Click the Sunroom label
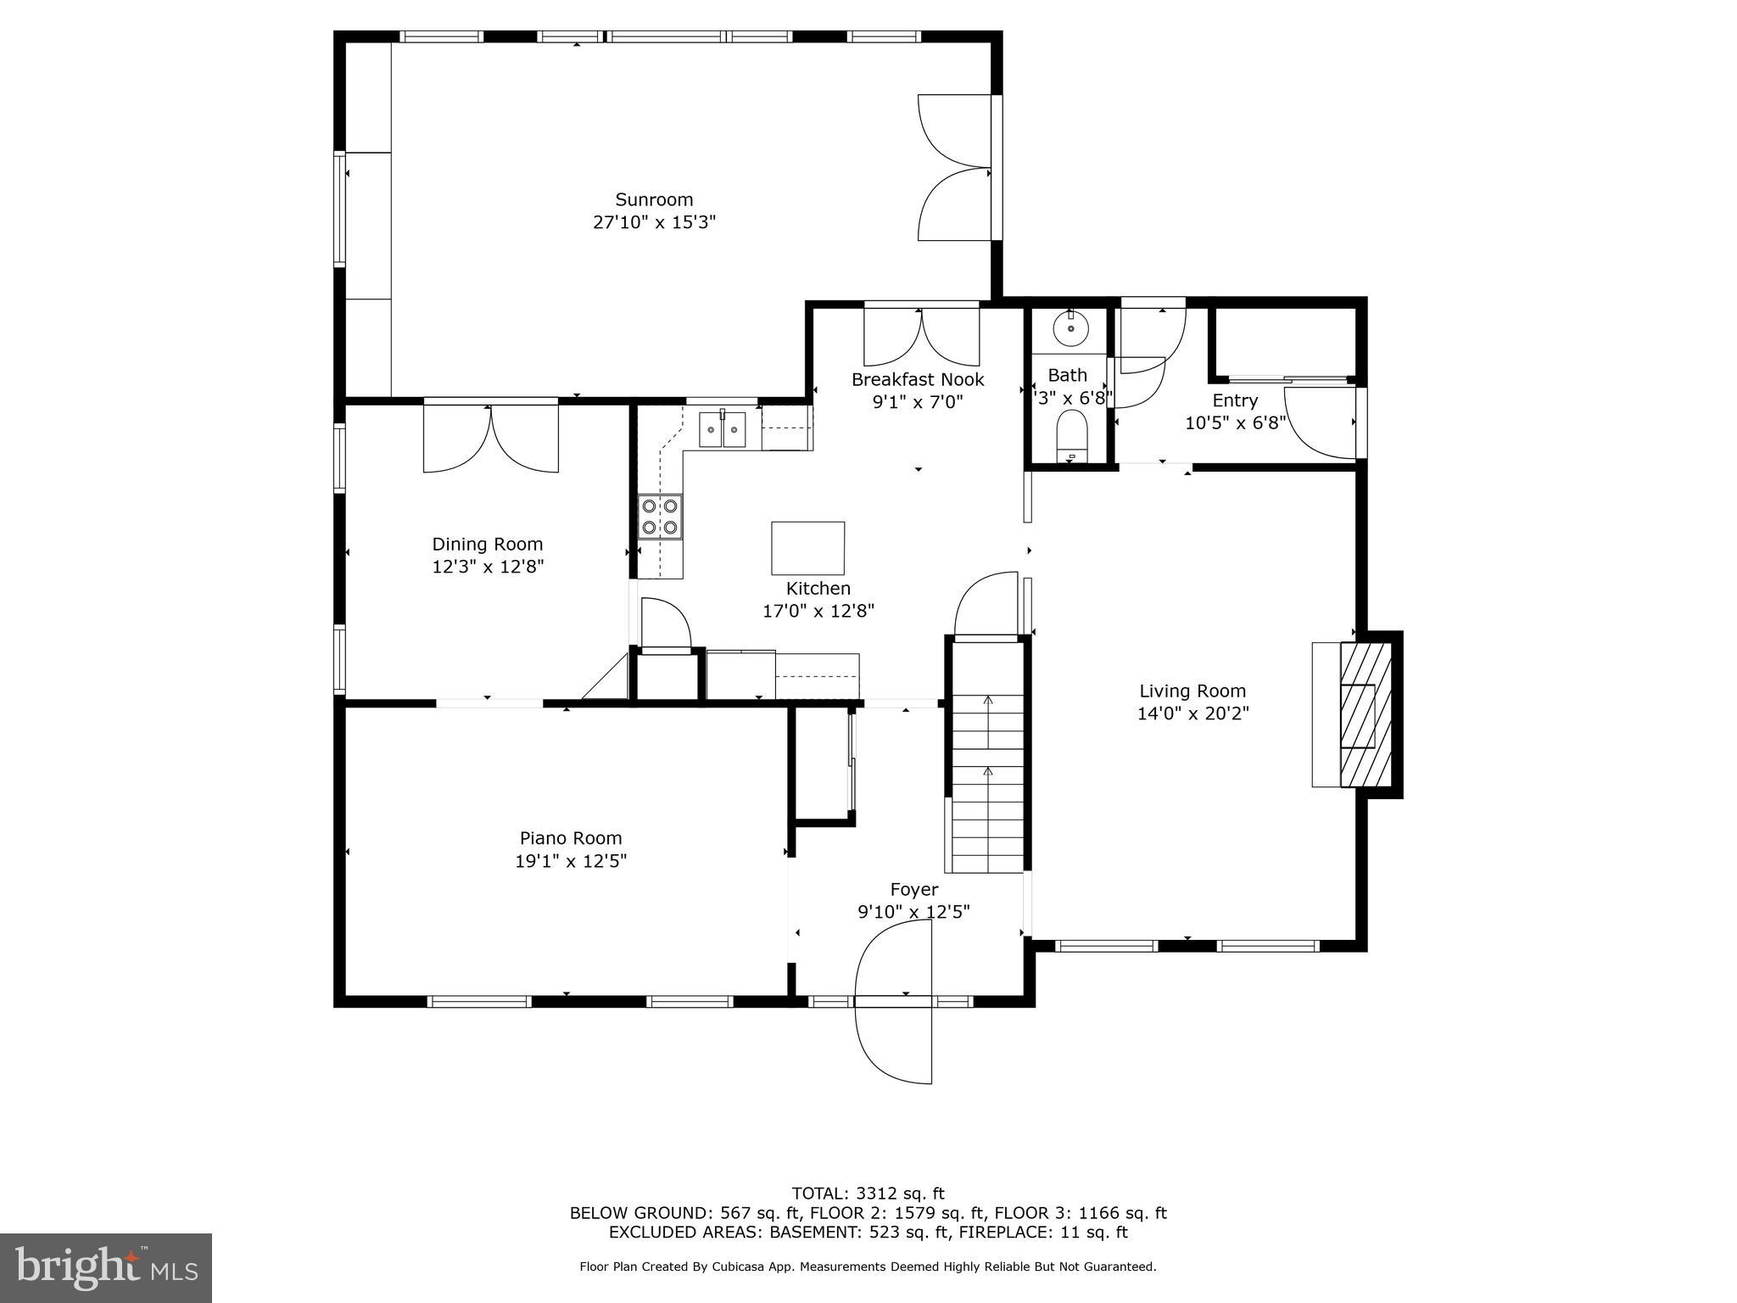coord(654,199)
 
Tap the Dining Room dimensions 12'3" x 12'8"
coord(487,567)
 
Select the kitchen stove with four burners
coord(660,517)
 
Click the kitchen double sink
coord(722,429)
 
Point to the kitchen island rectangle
coord(807,548)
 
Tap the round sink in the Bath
coord(1071,327)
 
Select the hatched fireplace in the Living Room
coord(1365,714)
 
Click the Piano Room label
coord(571,838)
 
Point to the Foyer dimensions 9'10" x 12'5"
coord(913,912)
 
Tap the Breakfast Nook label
coord(918,379)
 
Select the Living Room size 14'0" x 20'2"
coord(1192,713)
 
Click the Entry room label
coord(1234,400)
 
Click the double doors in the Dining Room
coord(491,438)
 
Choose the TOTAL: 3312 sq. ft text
coord(868,1194)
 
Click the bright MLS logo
coord(106,1268)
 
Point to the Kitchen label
coord(818,588)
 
